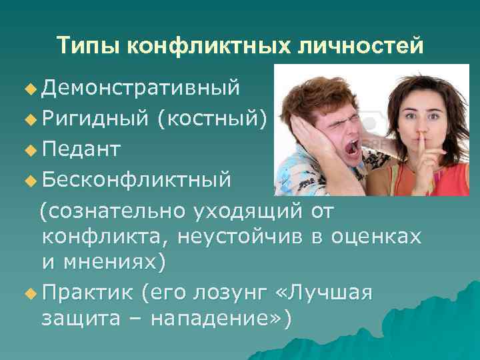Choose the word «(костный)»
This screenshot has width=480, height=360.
pos(211,119)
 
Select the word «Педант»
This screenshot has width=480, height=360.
pos(81,149)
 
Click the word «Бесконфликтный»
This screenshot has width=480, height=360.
pos(137,179)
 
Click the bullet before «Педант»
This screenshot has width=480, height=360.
pos(28,149)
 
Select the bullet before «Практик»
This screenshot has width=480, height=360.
pos(28,293)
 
